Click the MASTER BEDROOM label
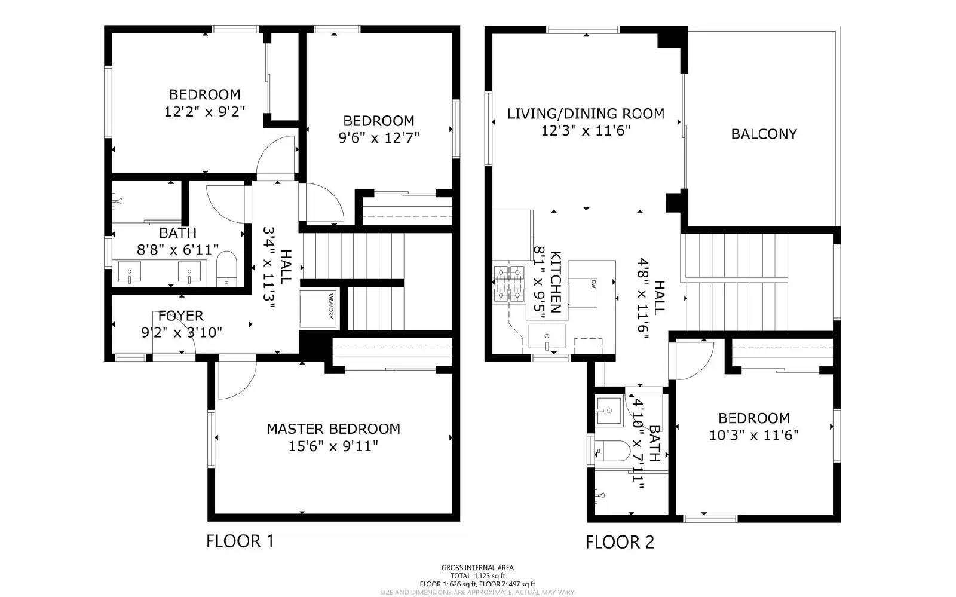pyautogui.click(x=333, y=428)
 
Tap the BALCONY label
pyautogui.click(x=764, y=134)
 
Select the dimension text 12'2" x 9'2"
pyautogui.click(x=205, y=111)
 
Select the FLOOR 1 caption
pyautogui.click(x=240, y=541)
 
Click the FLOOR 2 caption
pyautogui.click(x=620, y=542)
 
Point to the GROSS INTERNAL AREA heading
pyautogui.click(x=477, y=568)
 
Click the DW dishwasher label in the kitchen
pyautogui.click(x=594, y=283)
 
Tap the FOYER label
pyautogui.click(x=180, y=316)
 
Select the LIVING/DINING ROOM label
pyautogui.click(x=586, y=114)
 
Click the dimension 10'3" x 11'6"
pyautogui.click(x=753, y=435)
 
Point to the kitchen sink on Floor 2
pyautogui.click(x=547, y=338)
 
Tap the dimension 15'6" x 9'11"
pyautogui.click(x=333, y=446)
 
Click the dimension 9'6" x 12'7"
pyautogui.click(x=379, y=138)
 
